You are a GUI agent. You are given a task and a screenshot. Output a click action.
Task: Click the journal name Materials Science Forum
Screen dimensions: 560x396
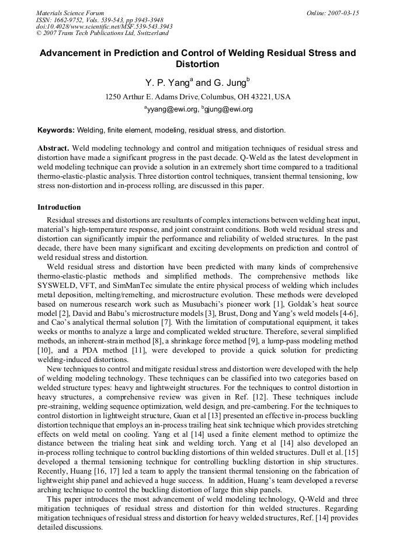tap(70, 13)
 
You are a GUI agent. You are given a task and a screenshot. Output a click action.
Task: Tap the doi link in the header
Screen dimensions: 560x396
tap(104, 27)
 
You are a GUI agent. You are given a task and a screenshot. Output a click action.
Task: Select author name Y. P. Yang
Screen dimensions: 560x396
tap(166, 83)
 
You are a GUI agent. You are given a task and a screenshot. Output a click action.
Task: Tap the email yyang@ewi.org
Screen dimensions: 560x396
tap(170, 109)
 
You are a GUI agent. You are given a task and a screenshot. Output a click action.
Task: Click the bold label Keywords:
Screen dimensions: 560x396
tap(56, 130)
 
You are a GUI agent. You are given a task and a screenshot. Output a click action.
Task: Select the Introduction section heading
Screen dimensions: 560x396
tap(59, 207)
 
